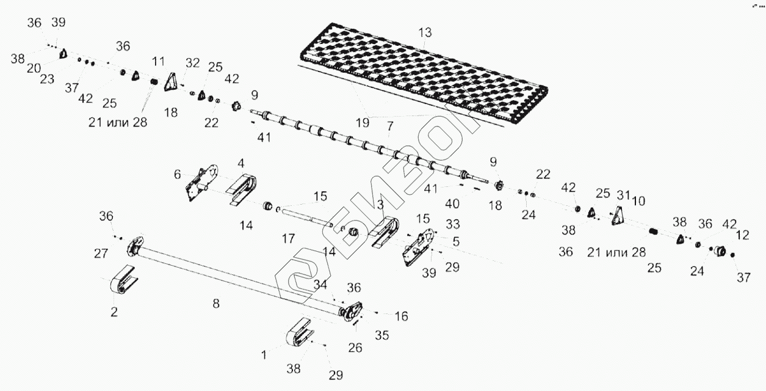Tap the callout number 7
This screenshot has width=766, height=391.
click(x=389, y=126)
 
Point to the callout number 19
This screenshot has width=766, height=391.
click(x=363, y=122)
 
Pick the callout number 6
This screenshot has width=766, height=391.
click(x=178, y=175)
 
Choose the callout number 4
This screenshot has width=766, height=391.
click(x=241, y=163)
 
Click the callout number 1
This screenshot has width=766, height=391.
click(x=264, y=354)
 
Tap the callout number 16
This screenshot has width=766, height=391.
click(x=401, y=316)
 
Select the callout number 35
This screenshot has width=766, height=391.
click(x=381, y=335)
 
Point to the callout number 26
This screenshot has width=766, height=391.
click(x=355, y=348)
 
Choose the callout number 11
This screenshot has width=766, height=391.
click(x=159, y=61)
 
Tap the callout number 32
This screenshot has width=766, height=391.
click(x=192, y=62)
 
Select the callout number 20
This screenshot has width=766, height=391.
click(x=34, y=67)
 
